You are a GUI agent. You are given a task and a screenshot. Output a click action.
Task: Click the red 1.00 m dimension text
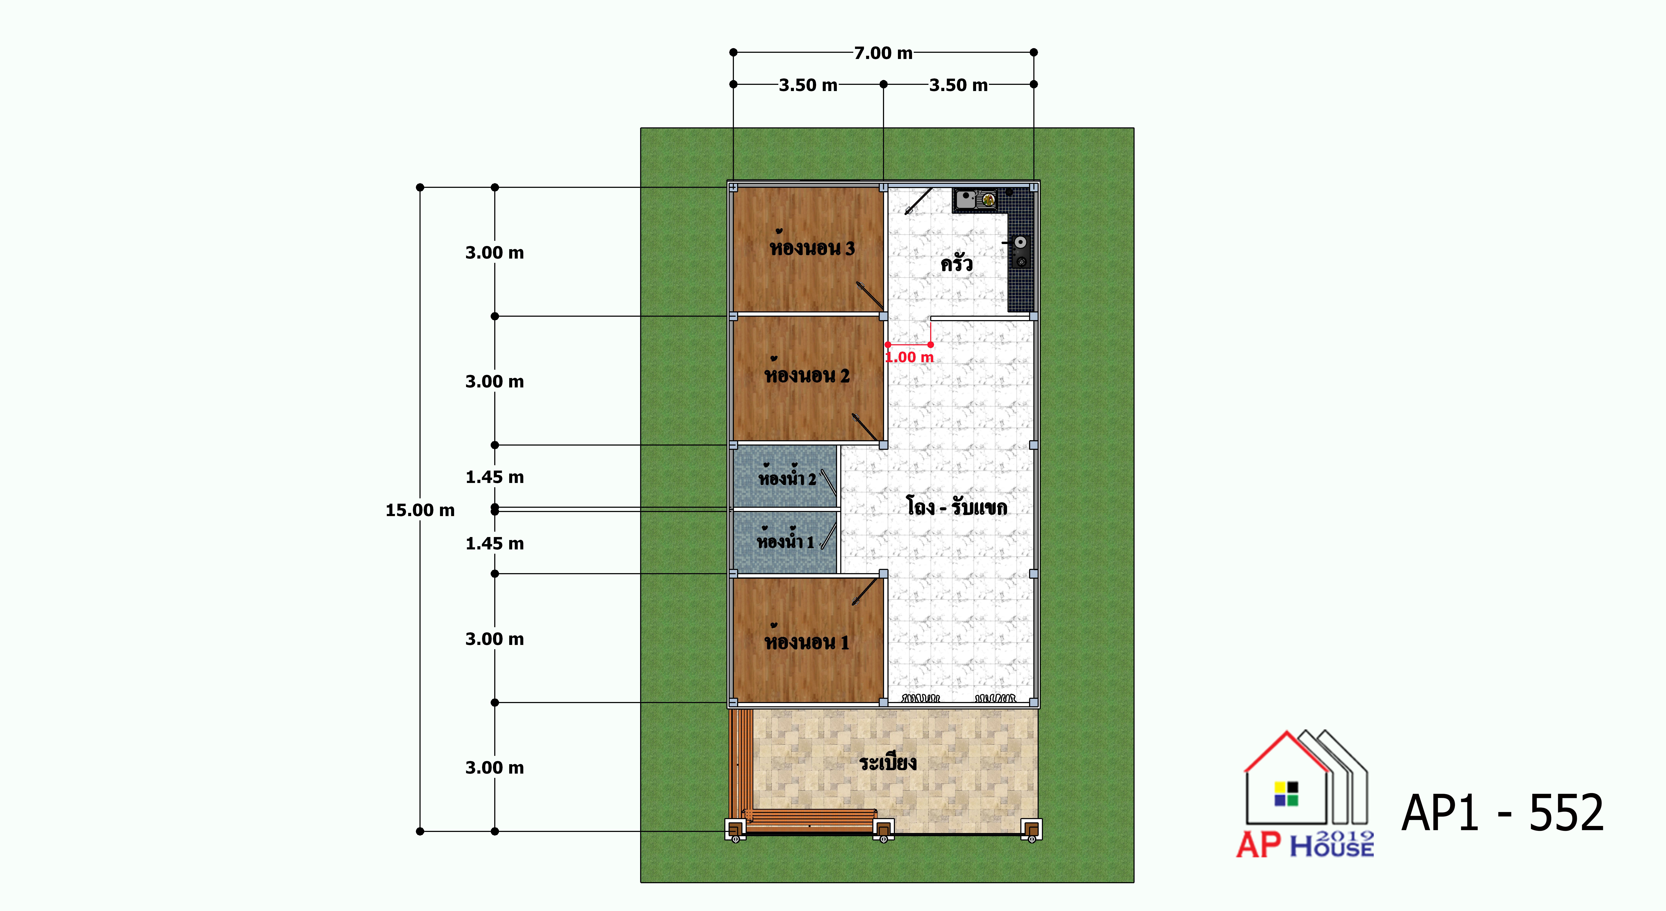point(909,357)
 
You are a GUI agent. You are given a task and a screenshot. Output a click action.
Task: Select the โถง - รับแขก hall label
point(956,506)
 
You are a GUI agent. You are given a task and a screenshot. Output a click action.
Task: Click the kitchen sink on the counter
point(975,199)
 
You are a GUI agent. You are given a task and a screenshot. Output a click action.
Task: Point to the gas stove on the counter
point(1020,251)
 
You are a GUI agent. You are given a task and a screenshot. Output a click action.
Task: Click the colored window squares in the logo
point(1286,794)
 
